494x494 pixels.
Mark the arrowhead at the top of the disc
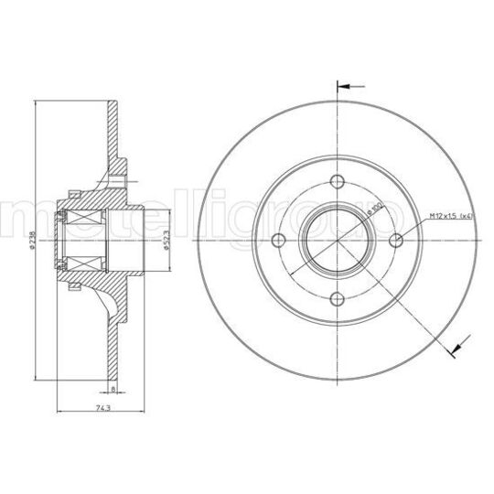click(342, 88)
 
